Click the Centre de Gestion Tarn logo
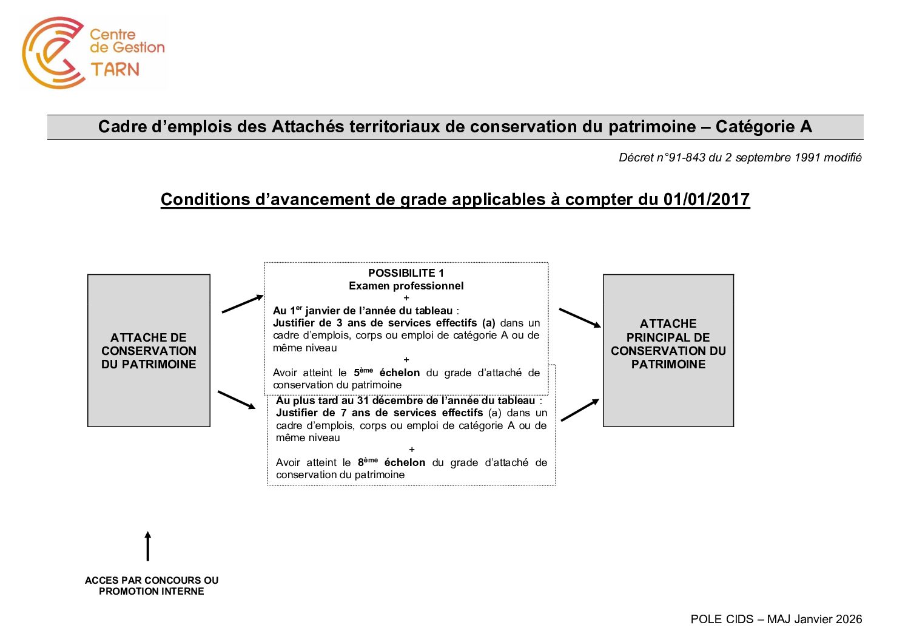pos(93,53)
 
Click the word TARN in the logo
pos(115,69)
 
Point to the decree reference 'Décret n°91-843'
pos(662,158)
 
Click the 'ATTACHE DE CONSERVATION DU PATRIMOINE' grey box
pos(149,351)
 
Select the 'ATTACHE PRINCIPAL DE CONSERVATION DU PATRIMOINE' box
pos(668,351)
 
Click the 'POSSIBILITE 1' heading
pos(406,273)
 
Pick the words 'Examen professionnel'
pos(406,286)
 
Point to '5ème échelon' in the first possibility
pos(386,373)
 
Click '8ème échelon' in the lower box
pos(391,462)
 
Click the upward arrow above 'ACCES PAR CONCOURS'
pos(147,546)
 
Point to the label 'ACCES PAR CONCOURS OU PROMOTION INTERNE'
pos(152,586)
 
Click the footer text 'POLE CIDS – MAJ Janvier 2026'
pos(776,619)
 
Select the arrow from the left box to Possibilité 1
pos(243,303)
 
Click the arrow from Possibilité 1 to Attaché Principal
pos(579,318)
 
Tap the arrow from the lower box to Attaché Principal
pos(580,410)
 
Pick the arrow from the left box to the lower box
pos(237,400)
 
